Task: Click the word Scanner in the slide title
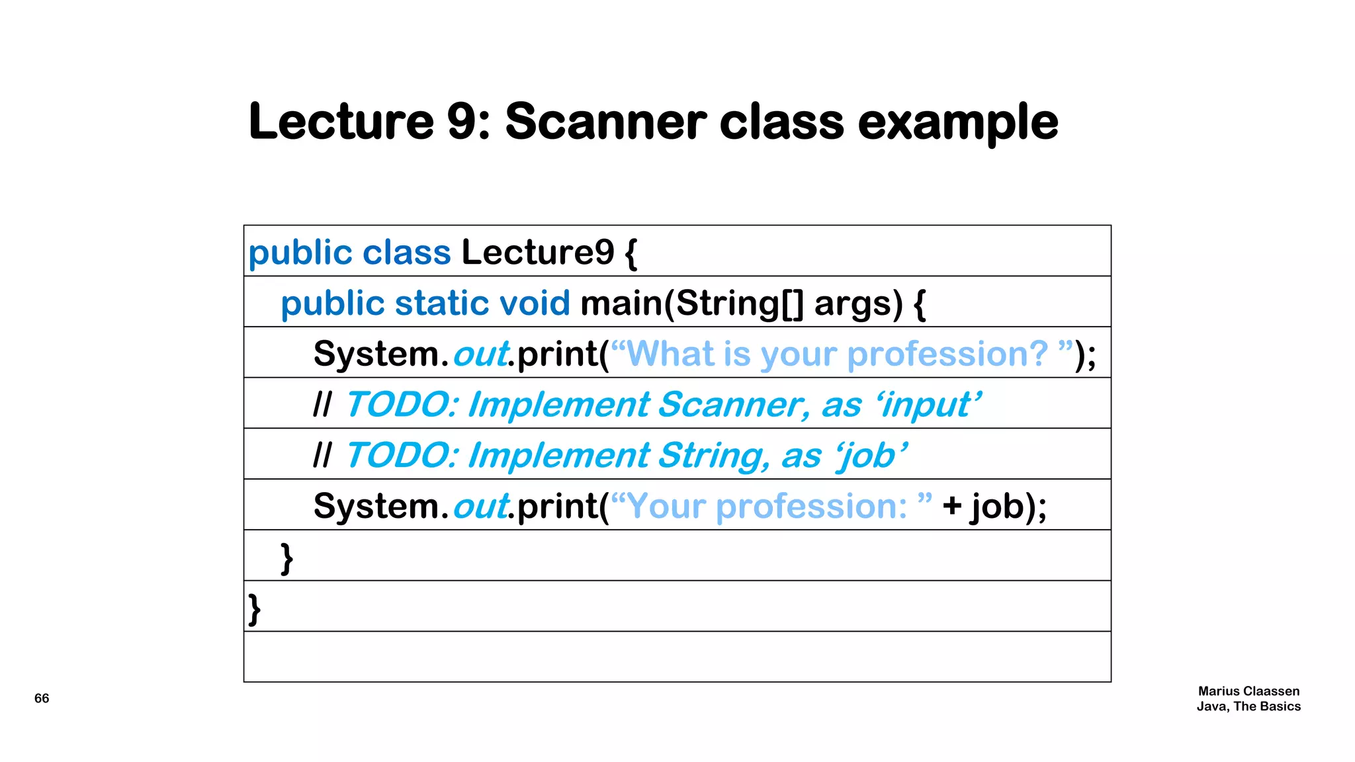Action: [x=605, y=122]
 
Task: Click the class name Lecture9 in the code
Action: [x=537, y=252]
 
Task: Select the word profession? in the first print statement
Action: [x=947, y=355]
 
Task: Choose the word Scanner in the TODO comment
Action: [x=733, y=405]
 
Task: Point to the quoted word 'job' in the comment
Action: [x=871, y=456]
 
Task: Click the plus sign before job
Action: [x=952, y=506]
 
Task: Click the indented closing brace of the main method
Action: [x=286, y=558]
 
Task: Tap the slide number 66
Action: [x=42, y=698]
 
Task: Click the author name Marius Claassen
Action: [x=1248, y=691]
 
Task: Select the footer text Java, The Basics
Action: [x=1248, y=706]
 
